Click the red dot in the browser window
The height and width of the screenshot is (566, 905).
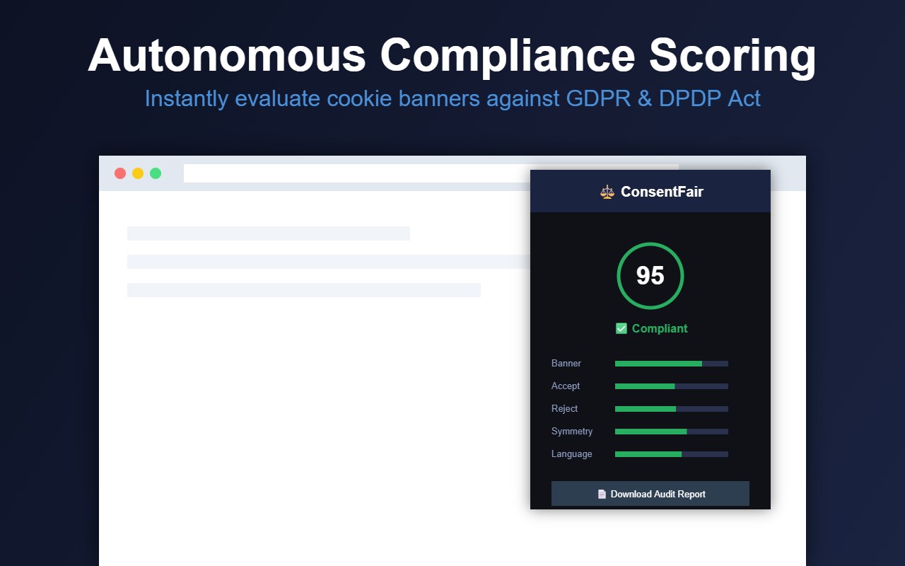tap(120, 173)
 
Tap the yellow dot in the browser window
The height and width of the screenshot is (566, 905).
tap(138, 173)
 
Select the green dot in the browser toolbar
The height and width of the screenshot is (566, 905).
tap(156, 173)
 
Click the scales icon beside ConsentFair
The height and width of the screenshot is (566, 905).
tap(607, 192)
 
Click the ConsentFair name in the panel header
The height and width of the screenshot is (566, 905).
tap(662, 192)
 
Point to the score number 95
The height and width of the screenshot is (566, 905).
tap(650, 276)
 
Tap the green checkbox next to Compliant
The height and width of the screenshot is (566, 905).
tap(621, 328)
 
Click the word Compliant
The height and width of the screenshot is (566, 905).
tap(660, 328)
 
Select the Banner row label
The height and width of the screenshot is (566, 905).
tap(566, 364)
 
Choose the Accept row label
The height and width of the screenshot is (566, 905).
tap(565, 386)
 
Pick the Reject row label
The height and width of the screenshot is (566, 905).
tap(564, 409)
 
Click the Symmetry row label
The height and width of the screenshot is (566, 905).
tap(572, 432)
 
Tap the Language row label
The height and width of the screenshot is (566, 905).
tap(572, 454)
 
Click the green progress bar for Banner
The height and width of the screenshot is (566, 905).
tap(658, 364)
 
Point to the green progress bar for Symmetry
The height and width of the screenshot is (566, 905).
tap(651, 432)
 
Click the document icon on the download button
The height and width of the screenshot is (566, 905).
tap(602, 494)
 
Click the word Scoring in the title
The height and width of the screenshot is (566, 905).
tap(732, 57)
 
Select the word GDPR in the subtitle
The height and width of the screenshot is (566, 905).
tap(598, 98)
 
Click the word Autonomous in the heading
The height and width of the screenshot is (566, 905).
tap(227, 55)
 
